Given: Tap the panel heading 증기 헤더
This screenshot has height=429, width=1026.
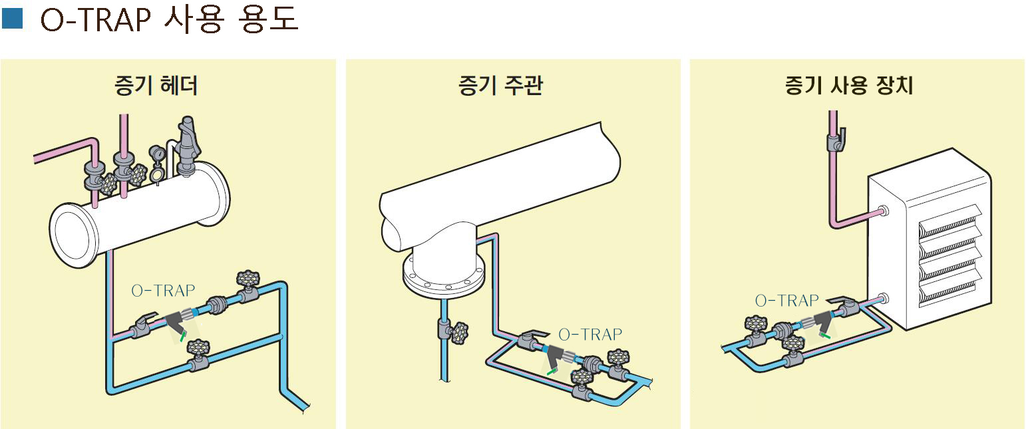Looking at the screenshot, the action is pyautogui.click(x=156, y=86).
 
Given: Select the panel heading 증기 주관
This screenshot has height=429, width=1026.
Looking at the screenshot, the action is pyautogui.click(x=500, y=86).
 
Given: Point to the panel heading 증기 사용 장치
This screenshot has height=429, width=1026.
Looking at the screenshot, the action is pyautogui.click(x=849, y=86).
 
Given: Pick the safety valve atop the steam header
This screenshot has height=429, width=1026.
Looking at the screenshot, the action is pyautogui.click(x=186, y=143).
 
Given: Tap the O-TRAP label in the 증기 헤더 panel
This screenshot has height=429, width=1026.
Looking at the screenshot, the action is pyautogui.click(x=163, y=290).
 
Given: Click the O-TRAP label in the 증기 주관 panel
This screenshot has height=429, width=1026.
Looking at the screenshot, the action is pyautogui.click(x=590, y=333).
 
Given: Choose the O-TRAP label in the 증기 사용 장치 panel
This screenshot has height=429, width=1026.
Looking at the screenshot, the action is pyautogui.click(x=786, y=301).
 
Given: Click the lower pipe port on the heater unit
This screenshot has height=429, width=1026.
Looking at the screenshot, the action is pyautogui.click(x=885, y=298).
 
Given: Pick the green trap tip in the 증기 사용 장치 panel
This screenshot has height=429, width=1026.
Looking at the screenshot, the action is pyautogui.click(x=825, y=338).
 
